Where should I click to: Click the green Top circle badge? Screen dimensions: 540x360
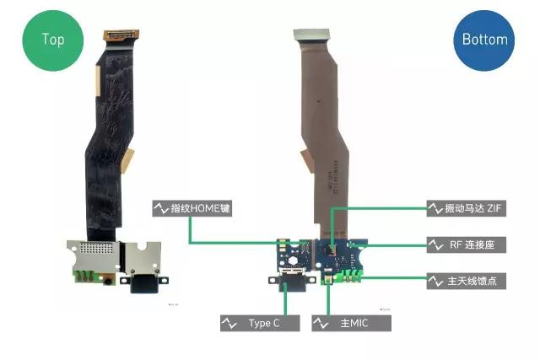tap(52, 40)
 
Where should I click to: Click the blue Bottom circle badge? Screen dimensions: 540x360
tap(483, 40)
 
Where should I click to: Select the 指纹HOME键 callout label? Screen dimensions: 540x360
tap(192, 208)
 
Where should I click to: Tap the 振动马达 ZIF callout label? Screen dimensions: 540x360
tap(467, 208)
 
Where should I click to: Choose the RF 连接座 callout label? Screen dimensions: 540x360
tap(467, 244)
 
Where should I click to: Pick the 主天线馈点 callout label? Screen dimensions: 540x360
tap(467, 282)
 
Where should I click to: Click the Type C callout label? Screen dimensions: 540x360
tap(260, 323)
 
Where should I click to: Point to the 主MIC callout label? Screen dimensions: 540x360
tap(351, 323)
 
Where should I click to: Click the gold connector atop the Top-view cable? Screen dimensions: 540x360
tap(121, 35)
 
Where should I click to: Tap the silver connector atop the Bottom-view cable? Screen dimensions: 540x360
tap(311, 35)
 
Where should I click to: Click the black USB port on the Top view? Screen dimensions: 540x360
tap(144, 284)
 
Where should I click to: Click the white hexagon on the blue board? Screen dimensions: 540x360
tap(293, 261)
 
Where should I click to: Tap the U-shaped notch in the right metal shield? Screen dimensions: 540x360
tap(142, 246)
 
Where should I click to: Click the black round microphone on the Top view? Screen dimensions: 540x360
tap(108, 282)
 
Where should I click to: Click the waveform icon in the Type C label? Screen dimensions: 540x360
tap(229, 323)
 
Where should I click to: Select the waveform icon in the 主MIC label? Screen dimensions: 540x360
tap(321, 323)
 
